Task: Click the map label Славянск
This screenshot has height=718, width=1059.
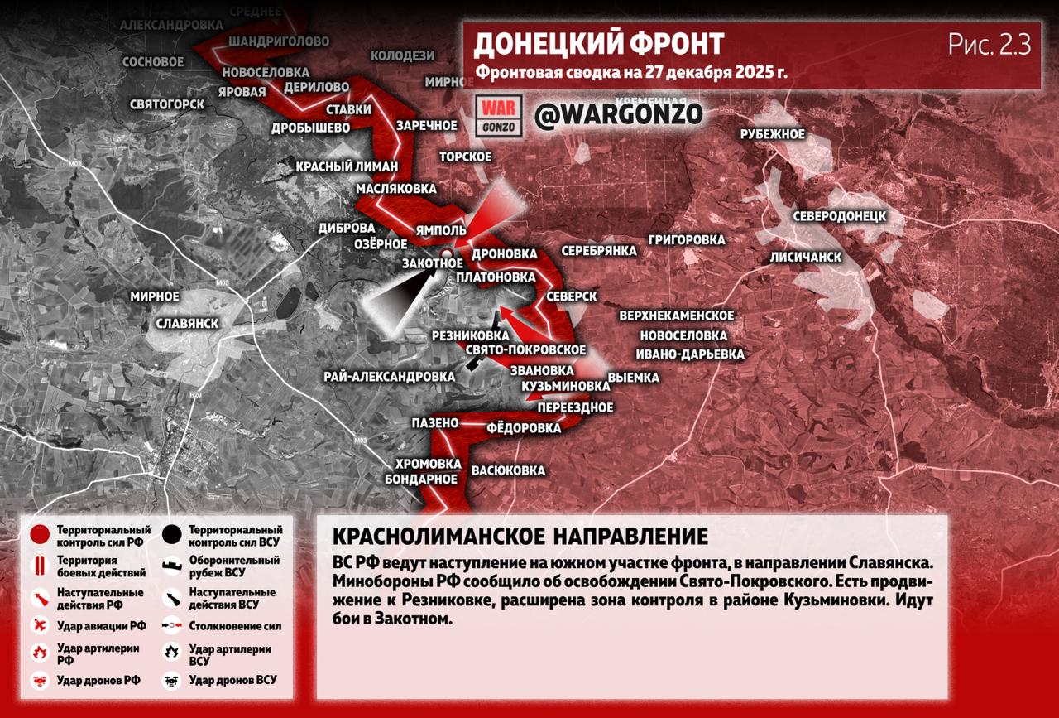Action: point(187,322)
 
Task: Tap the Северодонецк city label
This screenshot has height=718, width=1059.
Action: point(839,216)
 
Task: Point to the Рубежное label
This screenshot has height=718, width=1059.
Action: point(773,134)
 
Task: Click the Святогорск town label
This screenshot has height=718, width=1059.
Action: point(167,105)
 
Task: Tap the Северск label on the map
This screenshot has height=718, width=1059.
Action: point(572,296)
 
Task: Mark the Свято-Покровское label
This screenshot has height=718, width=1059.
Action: point(526,350)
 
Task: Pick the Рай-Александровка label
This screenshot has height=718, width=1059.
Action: point(389,377)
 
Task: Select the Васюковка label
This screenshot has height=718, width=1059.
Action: point(508,470)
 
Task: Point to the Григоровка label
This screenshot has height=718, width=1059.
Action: point(687,240)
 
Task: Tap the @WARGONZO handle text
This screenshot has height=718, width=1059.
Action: point(618,114)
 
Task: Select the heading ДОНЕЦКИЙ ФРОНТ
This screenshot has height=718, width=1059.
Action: point(598,44)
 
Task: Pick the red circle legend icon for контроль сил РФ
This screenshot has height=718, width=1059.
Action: point(39,535)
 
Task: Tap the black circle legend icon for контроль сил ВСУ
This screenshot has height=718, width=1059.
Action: point(172,535)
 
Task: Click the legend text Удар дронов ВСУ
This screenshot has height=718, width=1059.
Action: point(232,680)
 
